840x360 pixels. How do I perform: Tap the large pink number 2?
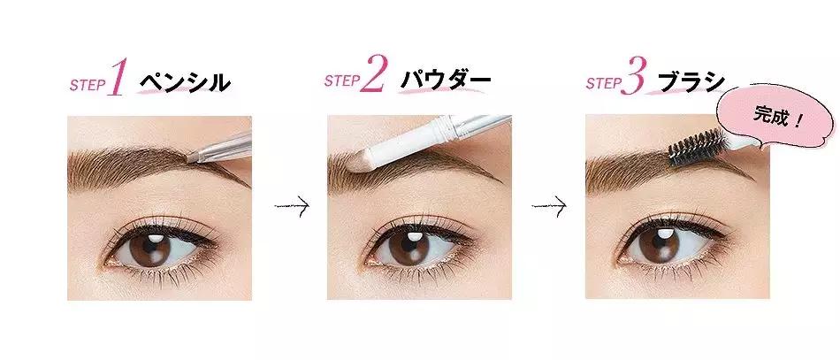[374, 78]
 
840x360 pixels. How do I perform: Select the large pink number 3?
[633, 79]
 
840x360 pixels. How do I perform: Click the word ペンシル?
[184, 83]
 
